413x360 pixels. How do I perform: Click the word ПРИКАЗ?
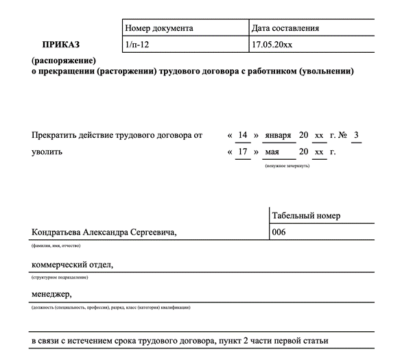[60, 45]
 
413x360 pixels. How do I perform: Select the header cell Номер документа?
[158, 28]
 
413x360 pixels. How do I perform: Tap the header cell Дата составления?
[285, 28]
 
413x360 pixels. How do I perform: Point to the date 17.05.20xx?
[272, 45]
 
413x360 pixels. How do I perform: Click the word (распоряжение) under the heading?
[60, 61]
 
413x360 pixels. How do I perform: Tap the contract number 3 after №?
[355, 135]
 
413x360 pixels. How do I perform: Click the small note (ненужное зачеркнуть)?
[287, 165]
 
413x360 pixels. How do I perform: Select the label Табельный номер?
[306, 216]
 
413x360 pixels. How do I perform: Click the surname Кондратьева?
[56, 233]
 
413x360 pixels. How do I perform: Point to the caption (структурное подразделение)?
[60, 277]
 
